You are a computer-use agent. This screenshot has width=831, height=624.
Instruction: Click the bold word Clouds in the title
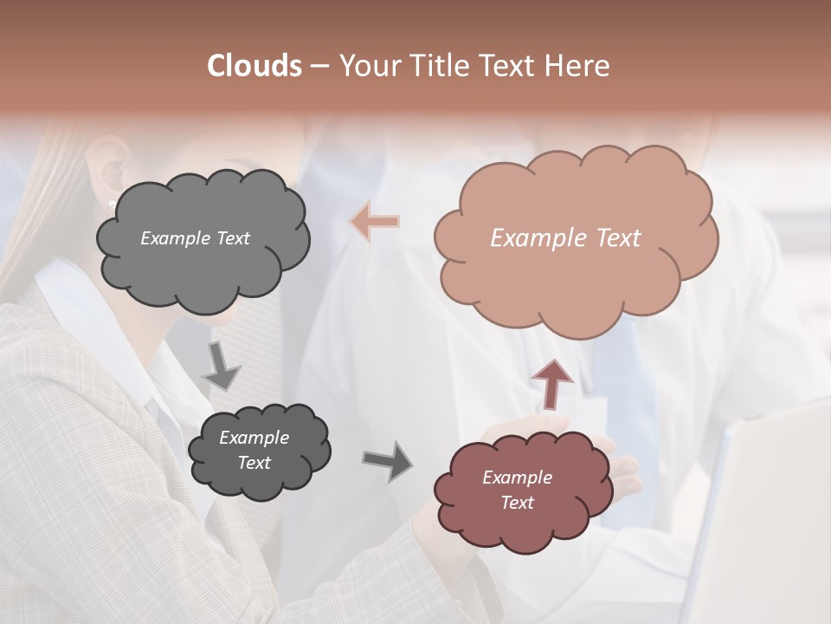(254, 66)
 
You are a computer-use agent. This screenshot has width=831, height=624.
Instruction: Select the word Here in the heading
(577, 66)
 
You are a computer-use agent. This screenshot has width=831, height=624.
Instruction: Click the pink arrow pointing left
(375, 222)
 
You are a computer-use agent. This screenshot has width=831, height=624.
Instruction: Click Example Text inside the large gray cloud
(195, 238)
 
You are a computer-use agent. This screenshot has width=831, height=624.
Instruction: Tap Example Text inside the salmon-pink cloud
(565, 238)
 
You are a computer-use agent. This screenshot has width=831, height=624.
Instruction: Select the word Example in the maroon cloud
(517, 478)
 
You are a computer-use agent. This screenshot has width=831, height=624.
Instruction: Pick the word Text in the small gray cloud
(254, 463)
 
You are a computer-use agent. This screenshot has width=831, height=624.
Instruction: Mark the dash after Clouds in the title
(319, 66)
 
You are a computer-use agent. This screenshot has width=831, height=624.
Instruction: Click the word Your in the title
(368, 66)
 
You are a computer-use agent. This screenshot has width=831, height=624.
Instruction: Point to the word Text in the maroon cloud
(517, 503)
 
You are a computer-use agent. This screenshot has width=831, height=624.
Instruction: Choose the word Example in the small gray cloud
(254, 438)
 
